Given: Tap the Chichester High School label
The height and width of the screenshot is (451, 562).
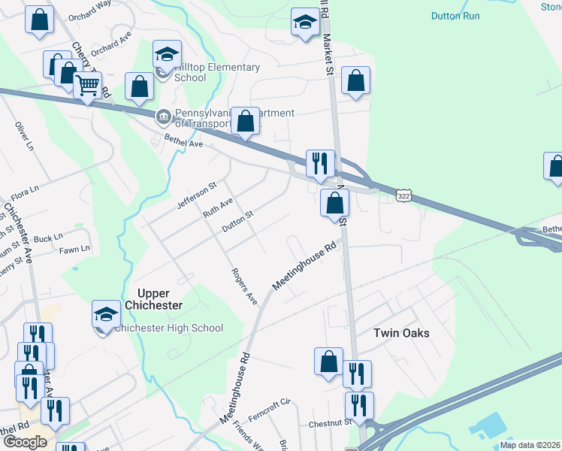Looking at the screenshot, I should tap(169, 328).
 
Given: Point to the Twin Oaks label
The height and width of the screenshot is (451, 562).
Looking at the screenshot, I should tap(401, 333).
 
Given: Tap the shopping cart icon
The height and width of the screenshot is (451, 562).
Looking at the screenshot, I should tap(88, 86).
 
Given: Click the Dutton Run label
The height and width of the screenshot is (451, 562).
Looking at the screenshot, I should tap(455, 16).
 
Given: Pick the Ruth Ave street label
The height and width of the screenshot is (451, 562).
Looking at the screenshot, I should tap(217, 207).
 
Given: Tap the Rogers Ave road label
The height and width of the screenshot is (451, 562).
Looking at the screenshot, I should tap(244, 286).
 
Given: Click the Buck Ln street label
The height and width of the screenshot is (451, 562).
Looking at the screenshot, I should tap(49, 238).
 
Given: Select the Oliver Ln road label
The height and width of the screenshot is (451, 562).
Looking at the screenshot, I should tap(25, 138).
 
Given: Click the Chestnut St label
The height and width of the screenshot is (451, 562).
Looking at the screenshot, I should tap(331, 424).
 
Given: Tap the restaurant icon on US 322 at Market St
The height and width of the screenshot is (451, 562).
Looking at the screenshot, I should tap(320, 163).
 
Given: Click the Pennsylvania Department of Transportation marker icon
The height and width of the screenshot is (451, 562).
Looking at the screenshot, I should tap(163, 117).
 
